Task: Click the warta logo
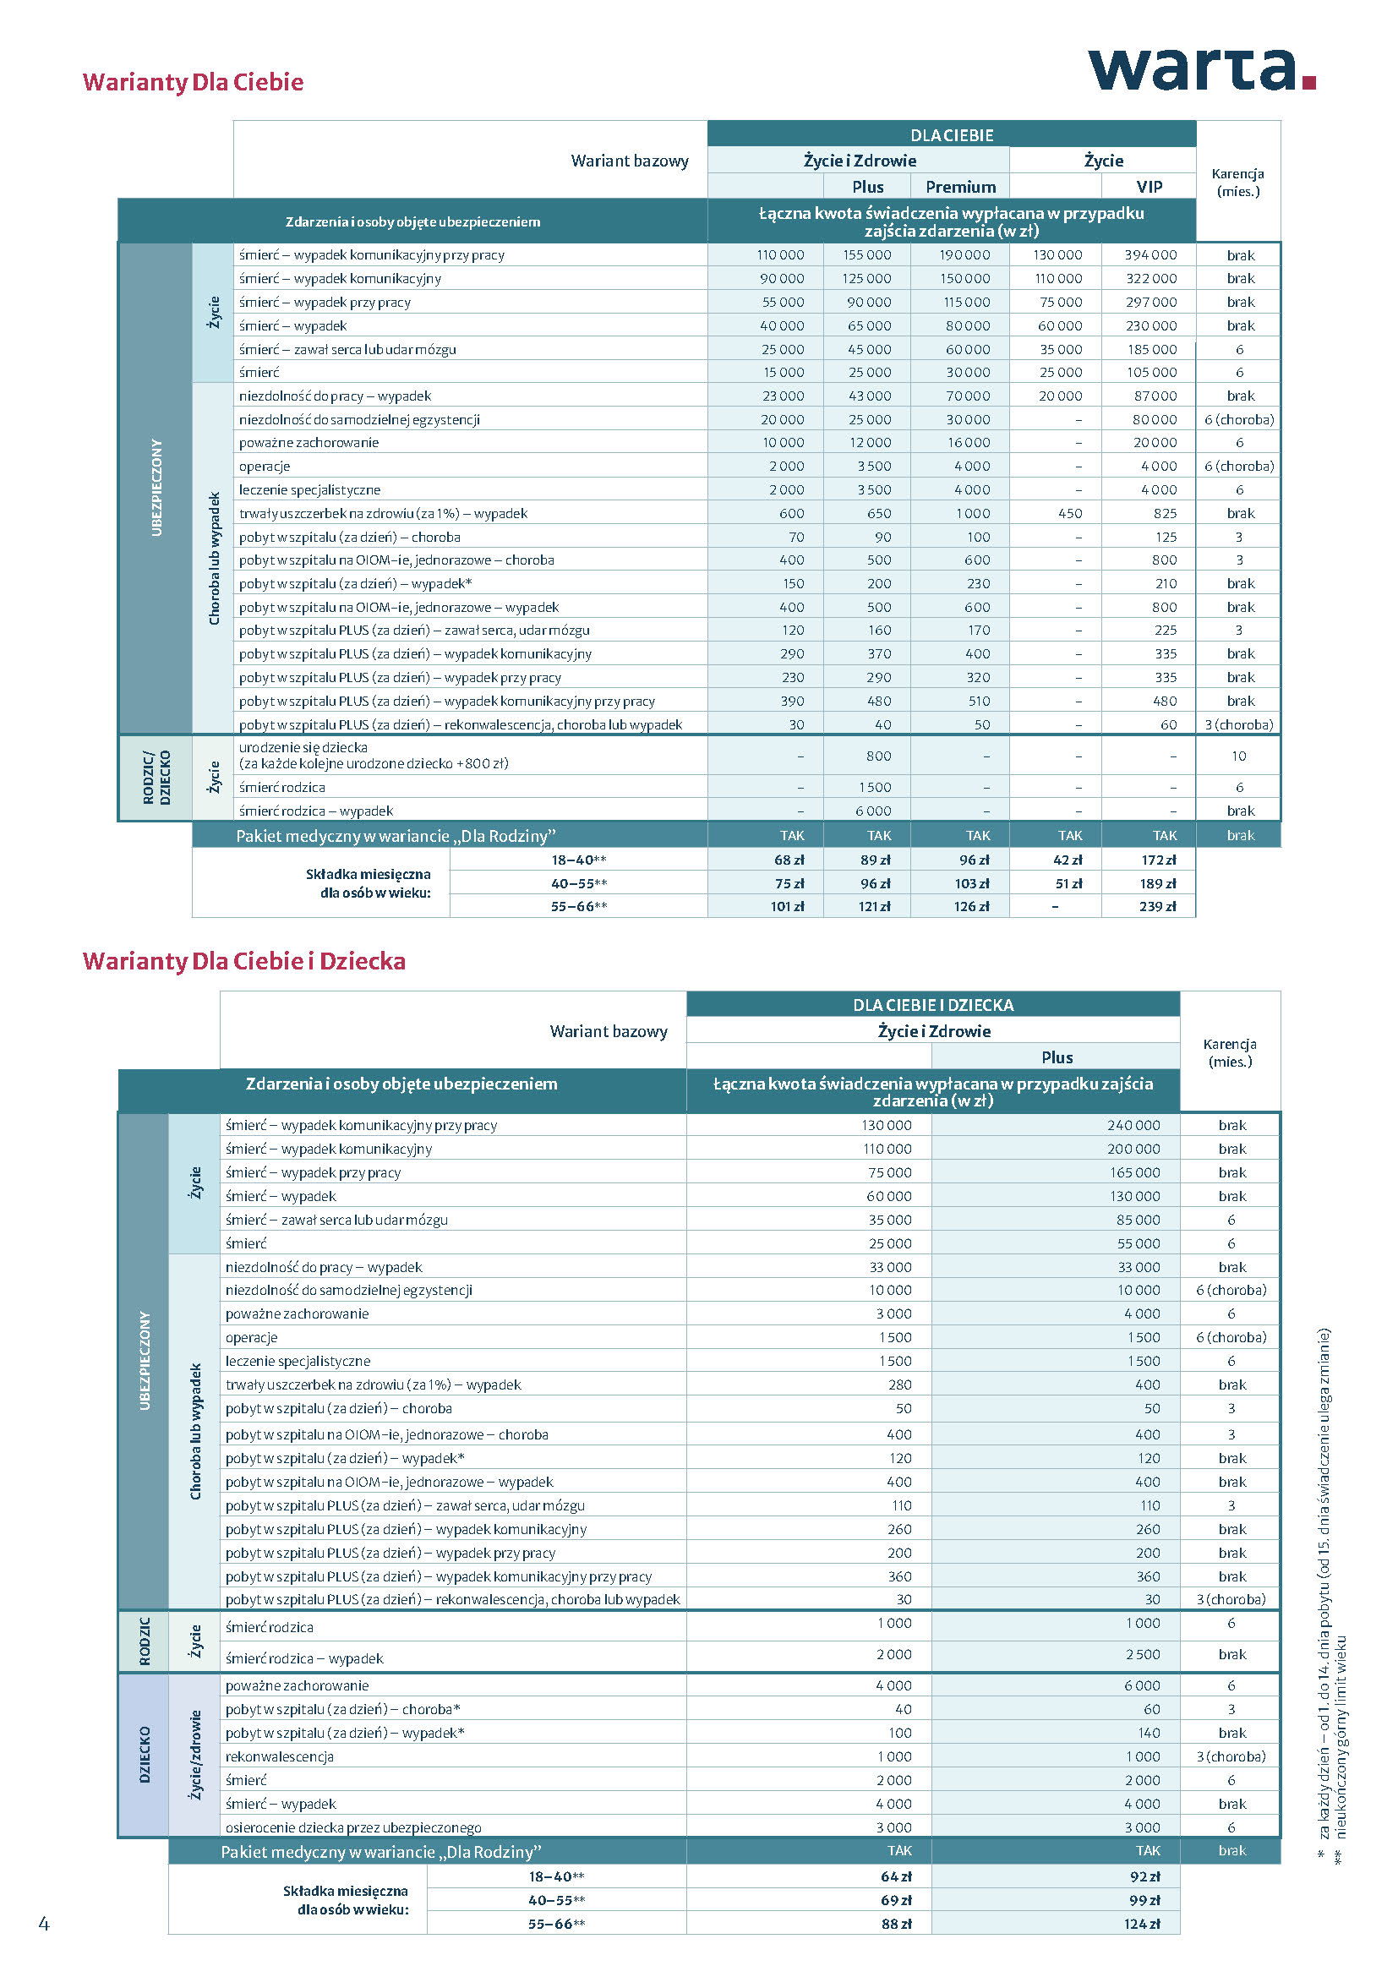[x=1201, y=70]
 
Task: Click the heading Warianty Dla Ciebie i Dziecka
[x=243, y=961]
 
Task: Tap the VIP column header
[x=1149, y=187]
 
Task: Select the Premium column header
[x=960, y=187]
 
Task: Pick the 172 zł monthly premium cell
[x=1158, y=860]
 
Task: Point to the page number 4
[x=44, y=1923]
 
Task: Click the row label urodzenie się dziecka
[x=303, y=747]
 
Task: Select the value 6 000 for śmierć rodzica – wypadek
[x=873, y=811]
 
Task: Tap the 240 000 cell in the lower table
[x=1133, y=1125]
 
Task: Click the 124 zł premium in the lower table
[x=1141, y=1924]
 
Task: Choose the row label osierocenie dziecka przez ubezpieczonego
[x=353, y=1827]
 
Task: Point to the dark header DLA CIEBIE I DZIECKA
[x=932, y=1005]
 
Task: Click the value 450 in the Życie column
[x=1069, y=513]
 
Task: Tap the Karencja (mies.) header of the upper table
[x=1237, y=182]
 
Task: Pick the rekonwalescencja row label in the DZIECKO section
[x=279, y=1756]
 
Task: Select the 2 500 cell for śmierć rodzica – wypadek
[x=1141, y=1654]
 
